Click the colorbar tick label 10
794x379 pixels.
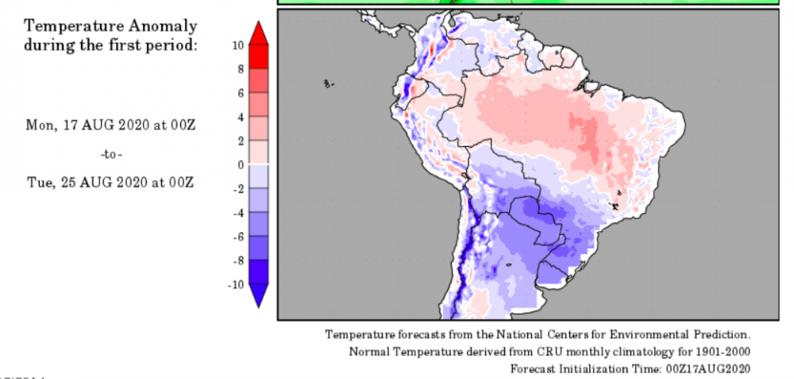[237, 45]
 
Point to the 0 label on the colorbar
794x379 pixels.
[240, 164]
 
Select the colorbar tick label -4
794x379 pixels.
[237, 213]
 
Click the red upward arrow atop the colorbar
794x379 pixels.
[259, 33]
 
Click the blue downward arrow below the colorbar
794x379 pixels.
[259, 296]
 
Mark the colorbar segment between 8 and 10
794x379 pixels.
[259, 57]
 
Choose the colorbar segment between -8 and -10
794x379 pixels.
[259, 272]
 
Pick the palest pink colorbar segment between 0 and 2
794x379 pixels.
[259, 153]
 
